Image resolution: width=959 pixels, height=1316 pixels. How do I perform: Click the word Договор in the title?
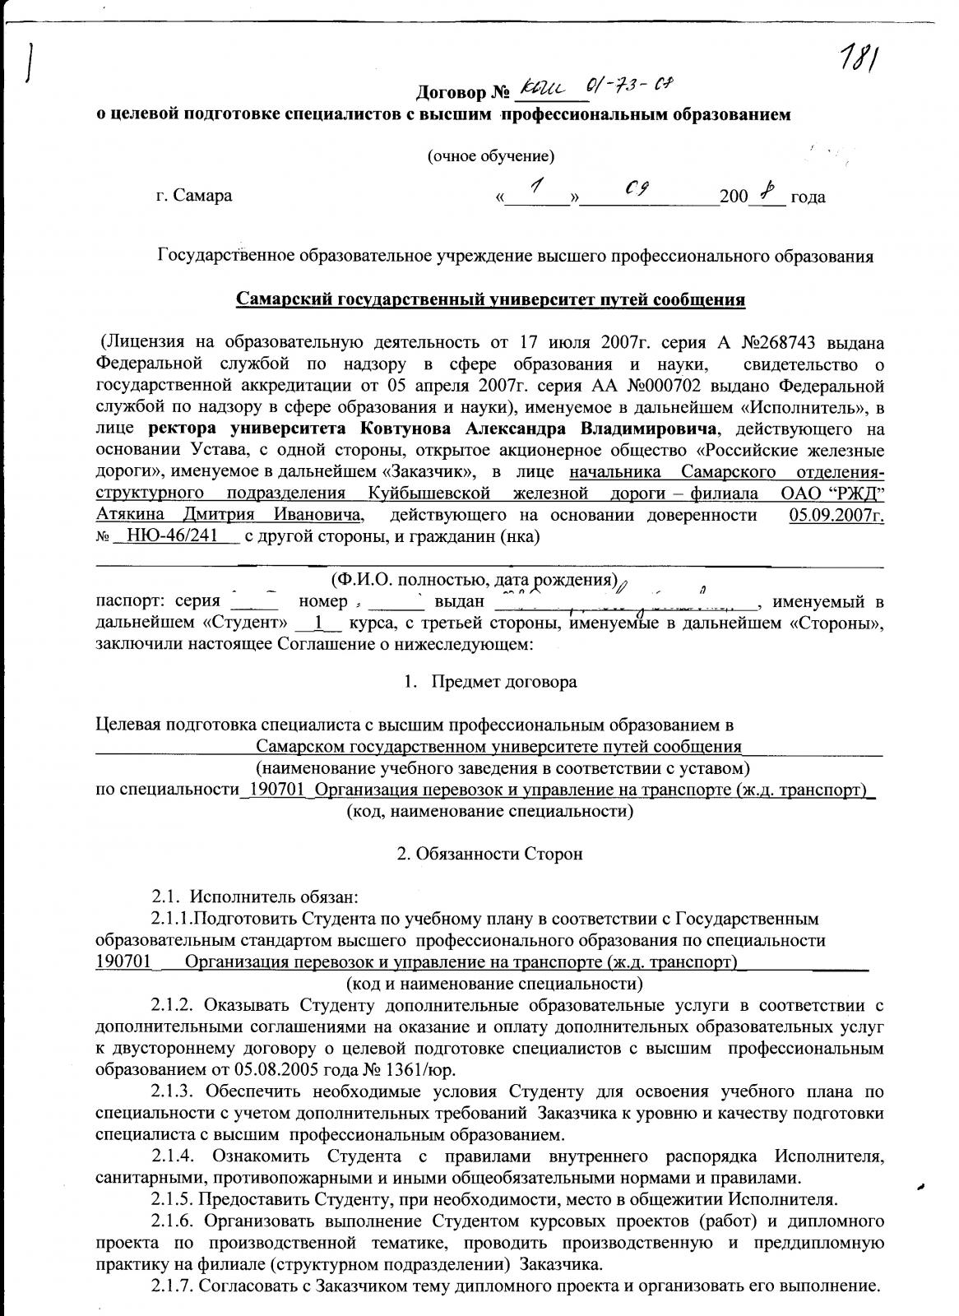pos(453,90)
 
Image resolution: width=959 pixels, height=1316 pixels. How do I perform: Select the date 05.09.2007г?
pos(836,516)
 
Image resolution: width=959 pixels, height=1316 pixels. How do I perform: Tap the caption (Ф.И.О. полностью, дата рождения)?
pos(474,579)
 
